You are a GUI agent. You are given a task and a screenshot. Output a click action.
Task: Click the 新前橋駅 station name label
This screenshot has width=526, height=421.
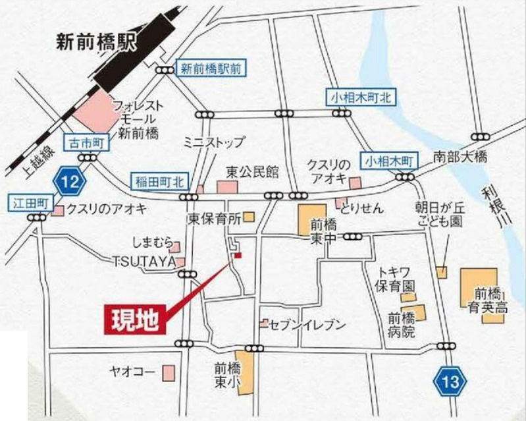(x=92, y=42)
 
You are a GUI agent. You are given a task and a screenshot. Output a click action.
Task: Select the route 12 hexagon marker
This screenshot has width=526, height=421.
(x=67, y=179)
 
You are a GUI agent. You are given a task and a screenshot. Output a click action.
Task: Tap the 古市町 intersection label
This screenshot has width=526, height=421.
(x=82, y=141)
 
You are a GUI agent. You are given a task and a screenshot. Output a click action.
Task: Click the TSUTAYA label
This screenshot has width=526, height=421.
(x=144, y=262)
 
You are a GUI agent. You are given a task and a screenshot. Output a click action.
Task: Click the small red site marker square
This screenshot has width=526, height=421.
(x=238, y=255)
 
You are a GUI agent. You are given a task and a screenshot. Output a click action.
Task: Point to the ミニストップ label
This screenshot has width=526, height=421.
(x=213, y=142)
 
